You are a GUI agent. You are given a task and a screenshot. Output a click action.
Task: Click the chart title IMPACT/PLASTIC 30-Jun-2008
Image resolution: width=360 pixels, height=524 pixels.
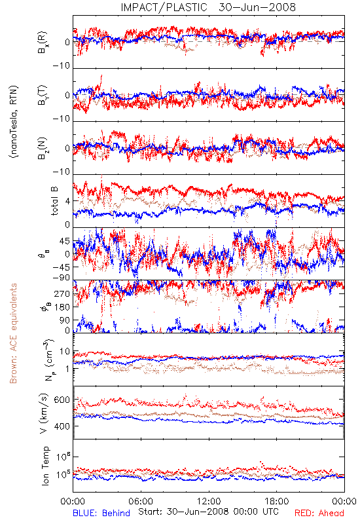click(x=208, y=7)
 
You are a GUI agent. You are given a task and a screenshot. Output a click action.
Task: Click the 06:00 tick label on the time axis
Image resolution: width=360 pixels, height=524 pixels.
click(x=141, y=501)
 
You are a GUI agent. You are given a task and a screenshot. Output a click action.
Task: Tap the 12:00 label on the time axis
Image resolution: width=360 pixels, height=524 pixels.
click(x=209, y=501)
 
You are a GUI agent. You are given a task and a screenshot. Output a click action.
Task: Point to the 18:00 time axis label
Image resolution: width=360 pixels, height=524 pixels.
click(x=277, y=501)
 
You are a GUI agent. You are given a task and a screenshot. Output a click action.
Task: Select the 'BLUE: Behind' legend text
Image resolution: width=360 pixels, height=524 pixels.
click(x=101, y=513)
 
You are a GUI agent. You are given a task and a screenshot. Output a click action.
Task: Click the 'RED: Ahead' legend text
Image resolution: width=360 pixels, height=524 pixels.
click(x=319, y=513)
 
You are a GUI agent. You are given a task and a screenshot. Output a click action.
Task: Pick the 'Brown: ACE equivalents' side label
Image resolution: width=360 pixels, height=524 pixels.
click(x=13, y=333)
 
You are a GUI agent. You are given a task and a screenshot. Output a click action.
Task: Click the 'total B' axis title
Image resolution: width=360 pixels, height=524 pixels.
click(x=54, y=201)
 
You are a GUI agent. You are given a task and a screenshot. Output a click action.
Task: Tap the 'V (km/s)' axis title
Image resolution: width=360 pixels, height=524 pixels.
click(x=44, y=413)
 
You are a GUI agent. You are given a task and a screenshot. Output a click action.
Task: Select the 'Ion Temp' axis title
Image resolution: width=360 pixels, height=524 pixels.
click(x=45, y=466)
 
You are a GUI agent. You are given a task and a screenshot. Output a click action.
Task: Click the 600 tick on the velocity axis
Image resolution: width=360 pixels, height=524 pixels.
click(x=62, y=400)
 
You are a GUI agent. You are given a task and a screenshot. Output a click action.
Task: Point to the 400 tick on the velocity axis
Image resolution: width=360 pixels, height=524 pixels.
click(x=62, y=426)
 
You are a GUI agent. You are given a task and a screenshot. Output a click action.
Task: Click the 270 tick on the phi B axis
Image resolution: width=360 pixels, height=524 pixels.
click(x=62, y=293)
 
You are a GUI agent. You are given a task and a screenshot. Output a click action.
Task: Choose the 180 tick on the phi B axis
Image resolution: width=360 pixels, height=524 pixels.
click(x=62, y=307)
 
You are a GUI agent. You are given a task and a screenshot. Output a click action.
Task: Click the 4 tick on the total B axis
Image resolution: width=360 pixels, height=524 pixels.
click(x=68, y=201)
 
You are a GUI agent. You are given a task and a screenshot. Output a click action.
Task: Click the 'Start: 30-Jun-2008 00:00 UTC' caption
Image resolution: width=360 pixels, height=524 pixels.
click(x=208, y=512)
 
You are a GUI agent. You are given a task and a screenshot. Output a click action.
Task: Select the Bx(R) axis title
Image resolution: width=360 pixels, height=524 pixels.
click(x=43, y=43)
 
